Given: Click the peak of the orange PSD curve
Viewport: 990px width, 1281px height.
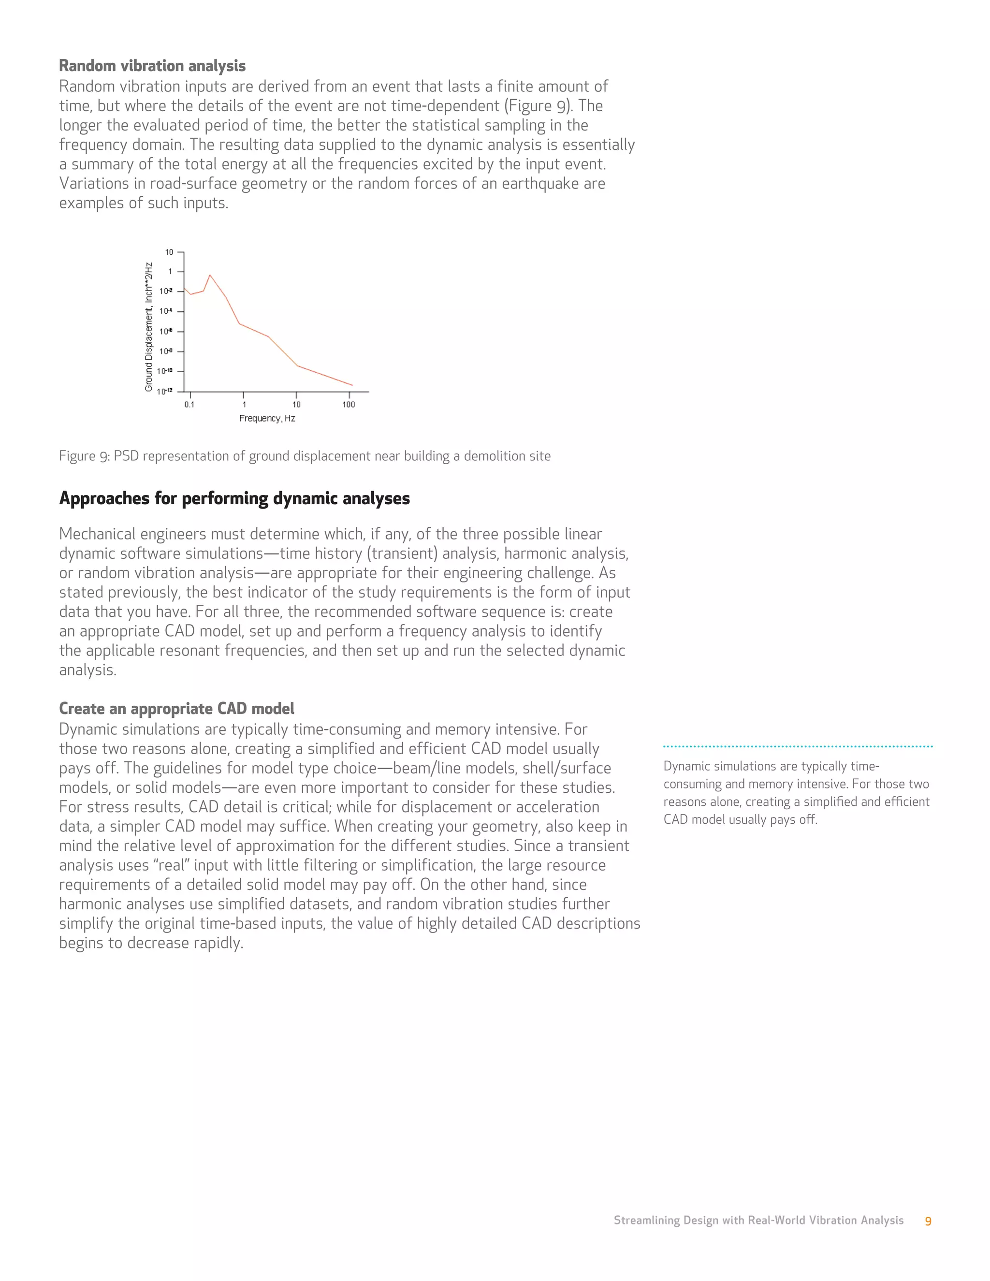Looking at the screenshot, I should point(210,275).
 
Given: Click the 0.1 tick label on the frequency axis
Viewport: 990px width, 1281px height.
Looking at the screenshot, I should point(189,405).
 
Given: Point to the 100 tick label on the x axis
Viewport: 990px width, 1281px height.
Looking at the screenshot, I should point(349,405).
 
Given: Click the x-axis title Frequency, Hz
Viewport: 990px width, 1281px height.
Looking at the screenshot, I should point(267,418).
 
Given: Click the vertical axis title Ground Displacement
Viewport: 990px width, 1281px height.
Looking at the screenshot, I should point(149,327).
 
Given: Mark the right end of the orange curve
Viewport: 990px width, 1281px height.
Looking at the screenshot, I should point(352,385).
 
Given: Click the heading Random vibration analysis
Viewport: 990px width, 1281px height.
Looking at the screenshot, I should point(152,66).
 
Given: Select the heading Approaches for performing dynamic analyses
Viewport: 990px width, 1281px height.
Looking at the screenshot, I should point(234,498).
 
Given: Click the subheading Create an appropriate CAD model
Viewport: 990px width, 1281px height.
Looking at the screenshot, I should point(176,709).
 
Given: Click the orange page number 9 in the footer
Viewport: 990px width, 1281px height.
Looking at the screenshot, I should point(928,1221).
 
